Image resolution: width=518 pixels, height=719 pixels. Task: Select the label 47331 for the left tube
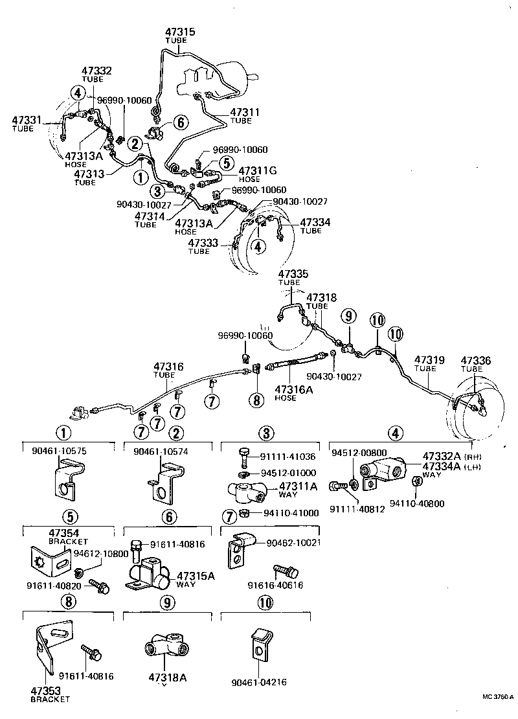(27, 120)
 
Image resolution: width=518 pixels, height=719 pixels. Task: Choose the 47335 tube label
(293, 274)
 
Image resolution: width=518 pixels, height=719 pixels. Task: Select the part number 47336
(476, 360)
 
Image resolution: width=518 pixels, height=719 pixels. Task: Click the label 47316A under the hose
(295, 389)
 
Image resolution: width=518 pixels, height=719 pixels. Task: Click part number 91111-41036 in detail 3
(289, 457)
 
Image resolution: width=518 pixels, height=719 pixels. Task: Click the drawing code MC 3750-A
(497, 697)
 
